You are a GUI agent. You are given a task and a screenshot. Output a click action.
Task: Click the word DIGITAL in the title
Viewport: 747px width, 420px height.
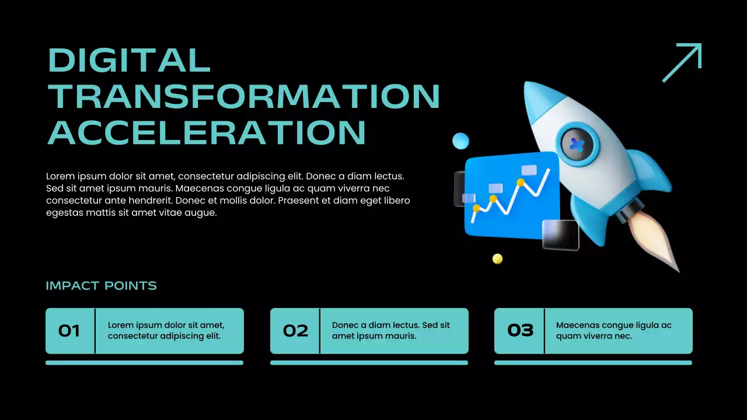click(128, 60)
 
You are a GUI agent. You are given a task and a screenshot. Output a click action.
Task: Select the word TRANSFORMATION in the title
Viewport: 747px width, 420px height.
click(243, 96)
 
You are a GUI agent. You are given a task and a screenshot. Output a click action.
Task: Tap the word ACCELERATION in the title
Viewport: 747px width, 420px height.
click(206, 132)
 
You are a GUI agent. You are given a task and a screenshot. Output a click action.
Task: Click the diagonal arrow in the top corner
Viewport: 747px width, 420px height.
click(682, 62)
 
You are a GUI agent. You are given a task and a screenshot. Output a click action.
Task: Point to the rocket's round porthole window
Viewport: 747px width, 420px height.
click(577, 144)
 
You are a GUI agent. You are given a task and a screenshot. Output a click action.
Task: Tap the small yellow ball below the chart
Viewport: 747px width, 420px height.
click(497, 258)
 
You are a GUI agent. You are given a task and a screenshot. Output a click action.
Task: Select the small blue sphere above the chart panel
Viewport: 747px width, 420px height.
click(460, 141)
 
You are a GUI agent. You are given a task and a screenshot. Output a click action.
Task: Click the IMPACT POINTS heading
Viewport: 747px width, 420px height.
click(101, 286)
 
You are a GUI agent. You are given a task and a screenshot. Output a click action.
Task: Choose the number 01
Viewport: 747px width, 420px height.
click(69, 331)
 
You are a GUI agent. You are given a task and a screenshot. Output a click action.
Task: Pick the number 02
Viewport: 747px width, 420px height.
click(295, 331)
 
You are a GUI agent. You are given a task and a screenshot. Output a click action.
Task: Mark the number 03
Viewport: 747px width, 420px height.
click(521, 331)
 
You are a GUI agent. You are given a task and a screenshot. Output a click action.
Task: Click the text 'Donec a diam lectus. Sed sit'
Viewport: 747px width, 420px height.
click(390, 325)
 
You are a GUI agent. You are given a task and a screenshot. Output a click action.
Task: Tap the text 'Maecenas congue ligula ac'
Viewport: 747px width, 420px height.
click(613, 325)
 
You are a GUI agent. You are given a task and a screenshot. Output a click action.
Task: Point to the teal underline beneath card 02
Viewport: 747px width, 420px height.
click(369, 363)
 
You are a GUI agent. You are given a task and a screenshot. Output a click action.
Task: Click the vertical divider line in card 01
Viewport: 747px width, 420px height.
click(95, 331)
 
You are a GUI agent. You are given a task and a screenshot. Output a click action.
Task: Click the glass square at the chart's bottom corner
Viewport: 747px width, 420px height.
click(560, 235)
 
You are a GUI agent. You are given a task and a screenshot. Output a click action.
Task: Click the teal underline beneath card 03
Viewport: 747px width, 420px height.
click(593, 363)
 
